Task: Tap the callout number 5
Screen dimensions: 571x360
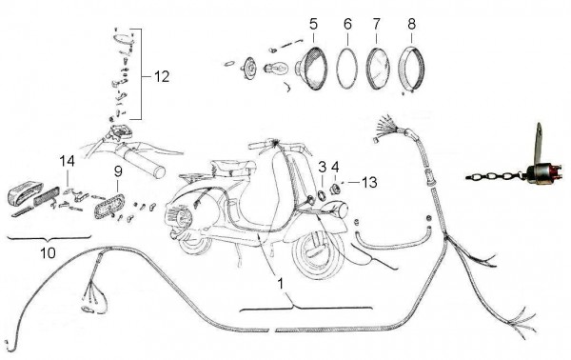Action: (313, 24)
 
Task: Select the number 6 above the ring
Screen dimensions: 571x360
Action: (347, 24)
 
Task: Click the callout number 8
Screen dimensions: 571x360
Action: (411, 24)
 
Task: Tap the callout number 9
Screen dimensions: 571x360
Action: (118, 170)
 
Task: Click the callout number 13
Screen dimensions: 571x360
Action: (370, 181)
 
